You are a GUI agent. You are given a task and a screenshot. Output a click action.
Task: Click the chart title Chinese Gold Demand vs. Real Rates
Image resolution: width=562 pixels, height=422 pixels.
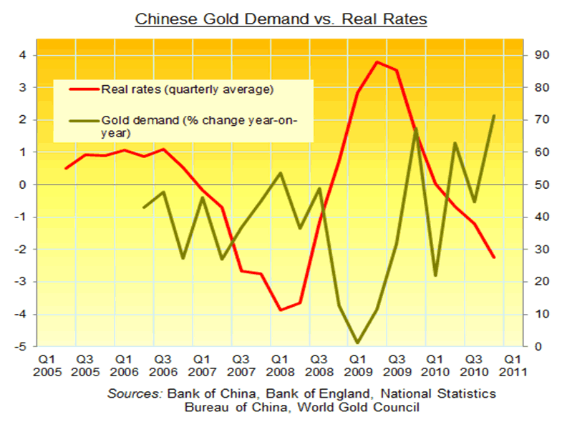point(281,19)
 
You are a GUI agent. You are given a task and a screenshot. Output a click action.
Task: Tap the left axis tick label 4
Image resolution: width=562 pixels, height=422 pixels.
point(23,55)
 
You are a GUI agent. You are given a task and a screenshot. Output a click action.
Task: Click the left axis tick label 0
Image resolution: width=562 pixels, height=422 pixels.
point(23,185)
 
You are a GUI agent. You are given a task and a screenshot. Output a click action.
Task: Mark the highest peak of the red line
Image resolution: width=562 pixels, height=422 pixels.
point(377,62)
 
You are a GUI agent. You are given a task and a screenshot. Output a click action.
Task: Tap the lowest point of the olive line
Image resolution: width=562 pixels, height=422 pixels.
point(357,343)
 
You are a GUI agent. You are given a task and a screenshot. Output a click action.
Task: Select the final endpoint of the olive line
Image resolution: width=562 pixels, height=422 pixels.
point(493,115)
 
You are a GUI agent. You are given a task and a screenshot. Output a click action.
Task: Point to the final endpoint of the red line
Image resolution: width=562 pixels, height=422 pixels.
point(493,257)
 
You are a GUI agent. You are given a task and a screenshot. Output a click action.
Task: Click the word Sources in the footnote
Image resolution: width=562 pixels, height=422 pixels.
point(135,394)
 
